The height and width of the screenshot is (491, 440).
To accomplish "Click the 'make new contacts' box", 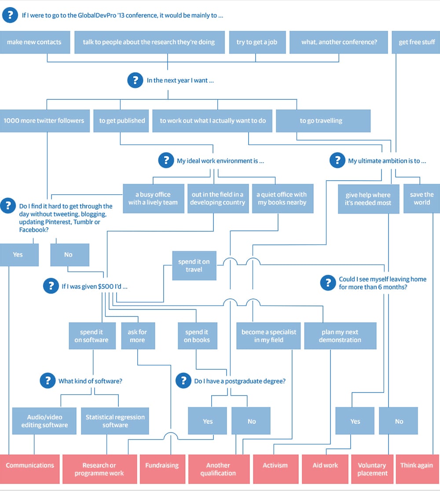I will tap(34, 42).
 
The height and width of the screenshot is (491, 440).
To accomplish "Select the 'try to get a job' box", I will tap(257, 42).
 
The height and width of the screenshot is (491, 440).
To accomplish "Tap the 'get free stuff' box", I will tap(416, 42).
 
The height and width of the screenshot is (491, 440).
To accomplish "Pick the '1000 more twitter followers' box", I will tap(44, 120).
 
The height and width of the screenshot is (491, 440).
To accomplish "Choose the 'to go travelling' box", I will tap(323, 120).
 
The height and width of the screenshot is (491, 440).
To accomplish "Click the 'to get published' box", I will tap(122, 120).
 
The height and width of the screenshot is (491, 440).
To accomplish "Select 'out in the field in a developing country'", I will tap(217, 198).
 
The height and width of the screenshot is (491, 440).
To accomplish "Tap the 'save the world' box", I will tap(422, 198).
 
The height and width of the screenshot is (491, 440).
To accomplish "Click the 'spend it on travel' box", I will tap(194, 266).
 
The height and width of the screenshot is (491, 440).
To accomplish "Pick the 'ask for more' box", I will tap(137, 336).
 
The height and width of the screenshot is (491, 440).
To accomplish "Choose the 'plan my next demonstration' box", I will tap(340, 336).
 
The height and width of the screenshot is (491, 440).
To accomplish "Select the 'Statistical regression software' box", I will tap(115, 421).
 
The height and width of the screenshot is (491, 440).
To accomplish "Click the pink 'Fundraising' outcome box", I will tap(162, 469).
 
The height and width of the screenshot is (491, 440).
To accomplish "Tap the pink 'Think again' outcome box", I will tap(416, 469).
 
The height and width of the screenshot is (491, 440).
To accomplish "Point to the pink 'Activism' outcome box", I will tap(275, 469).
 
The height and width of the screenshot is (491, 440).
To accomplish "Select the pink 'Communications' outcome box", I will tap(30, 469).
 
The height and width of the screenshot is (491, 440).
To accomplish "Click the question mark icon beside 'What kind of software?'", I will tap(47, 381).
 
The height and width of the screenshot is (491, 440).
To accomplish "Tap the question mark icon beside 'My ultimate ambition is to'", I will tap(337, 160).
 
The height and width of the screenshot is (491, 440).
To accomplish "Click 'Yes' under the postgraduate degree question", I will tap(208, 421).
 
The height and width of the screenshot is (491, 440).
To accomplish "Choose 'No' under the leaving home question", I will tap(399, 421).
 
